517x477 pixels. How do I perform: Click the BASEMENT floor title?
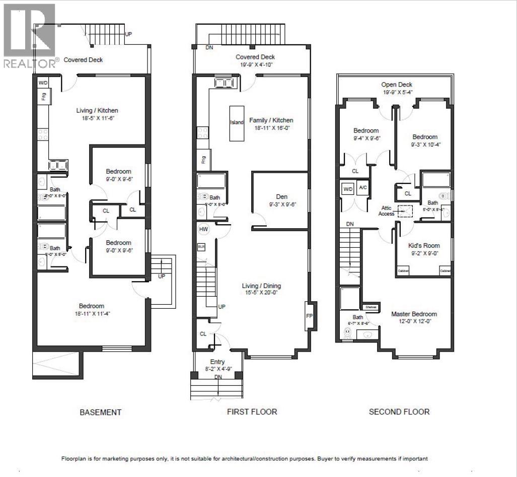click(101, 412)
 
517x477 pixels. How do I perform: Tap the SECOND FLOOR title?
click(399, 412)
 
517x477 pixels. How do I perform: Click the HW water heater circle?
click(203, 229)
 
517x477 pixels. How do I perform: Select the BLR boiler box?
click(201, 247)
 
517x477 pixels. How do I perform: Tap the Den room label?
click(281, 196)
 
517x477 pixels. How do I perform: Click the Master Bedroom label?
click(414, 314)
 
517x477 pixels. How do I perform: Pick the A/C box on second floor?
click(362, 188)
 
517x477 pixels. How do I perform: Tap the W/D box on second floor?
click(348, 189)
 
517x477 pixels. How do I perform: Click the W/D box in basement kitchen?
click(43, 83)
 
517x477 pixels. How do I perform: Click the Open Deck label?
click(397, 85)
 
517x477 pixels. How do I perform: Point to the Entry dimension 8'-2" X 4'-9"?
click(218, 369)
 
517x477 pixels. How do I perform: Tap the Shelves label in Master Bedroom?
click(371, 307)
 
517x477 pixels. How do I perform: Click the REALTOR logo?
click(30, 35)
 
